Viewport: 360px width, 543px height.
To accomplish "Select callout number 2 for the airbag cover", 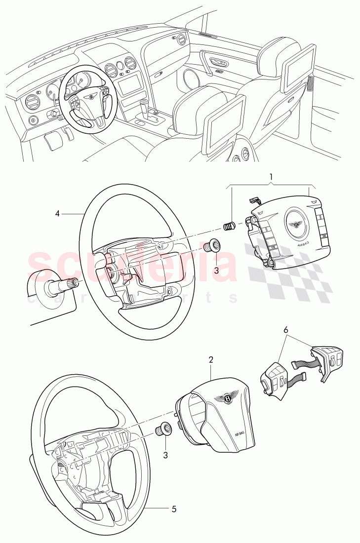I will [x=211, y=359].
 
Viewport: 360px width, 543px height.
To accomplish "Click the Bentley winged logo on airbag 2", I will [x=228, y=397].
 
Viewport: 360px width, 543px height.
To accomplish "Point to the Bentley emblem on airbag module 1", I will [x=295, y=225].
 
